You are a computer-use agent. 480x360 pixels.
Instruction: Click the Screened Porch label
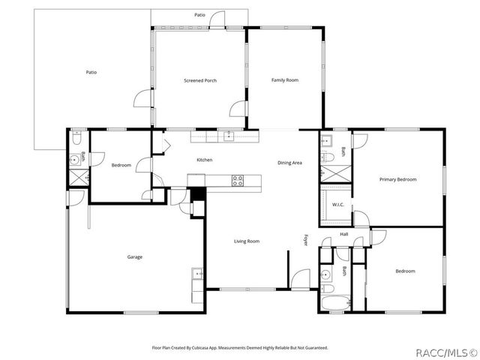pos(200,80)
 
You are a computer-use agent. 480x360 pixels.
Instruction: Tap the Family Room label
pos(285,80)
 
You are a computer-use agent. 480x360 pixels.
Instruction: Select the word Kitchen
pos(205,160)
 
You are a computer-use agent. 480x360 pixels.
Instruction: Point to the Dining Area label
pos(289,163)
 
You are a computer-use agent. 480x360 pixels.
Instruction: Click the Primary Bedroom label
pos(397,179)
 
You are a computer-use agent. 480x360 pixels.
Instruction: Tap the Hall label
pos(344,235)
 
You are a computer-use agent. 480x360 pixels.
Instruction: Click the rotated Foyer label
pos(306,240)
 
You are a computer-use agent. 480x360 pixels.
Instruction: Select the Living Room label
pos(247,241)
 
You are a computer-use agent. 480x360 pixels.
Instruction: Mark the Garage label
pos(134,257)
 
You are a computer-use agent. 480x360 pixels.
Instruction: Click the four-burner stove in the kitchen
pos(238,180)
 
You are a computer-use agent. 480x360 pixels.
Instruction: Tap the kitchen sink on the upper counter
pos(229,136)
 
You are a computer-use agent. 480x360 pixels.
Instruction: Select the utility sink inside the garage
pos(197,273)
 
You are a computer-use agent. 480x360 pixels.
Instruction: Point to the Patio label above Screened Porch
pos(199,14)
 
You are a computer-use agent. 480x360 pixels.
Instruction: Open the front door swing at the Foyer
pos(300,277)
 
